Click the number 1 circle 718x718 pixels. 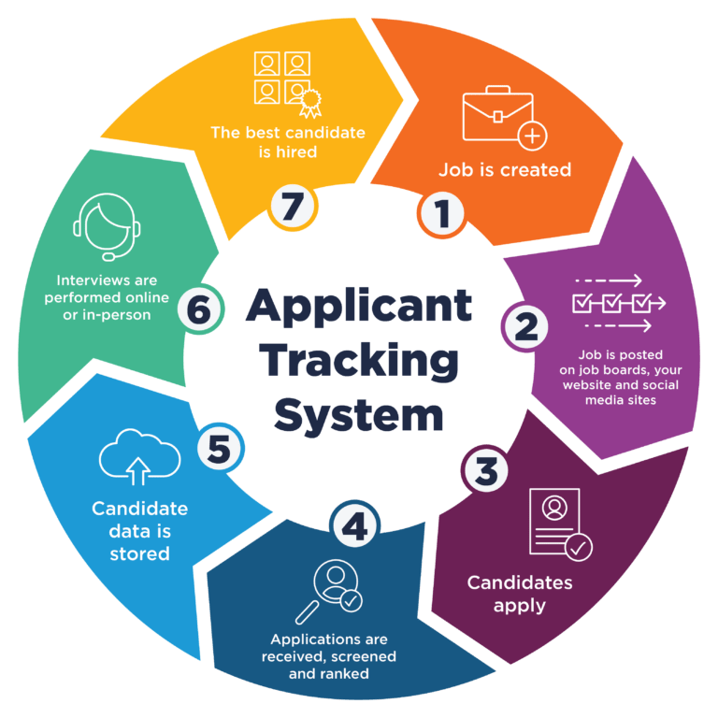pos(441,214)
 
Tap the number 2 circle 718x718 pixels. pos(525,326)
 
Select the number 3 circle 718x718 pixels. pos(486,471)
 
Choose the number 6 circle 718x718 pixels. pos(200,310)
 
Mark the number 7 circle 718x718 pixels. pos(292,207)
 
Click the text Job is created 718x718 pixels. pos(505,170)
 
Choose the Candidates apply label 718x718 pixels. pos(520,594)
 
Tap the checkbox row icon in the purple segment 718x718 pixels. pos(617,303)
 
